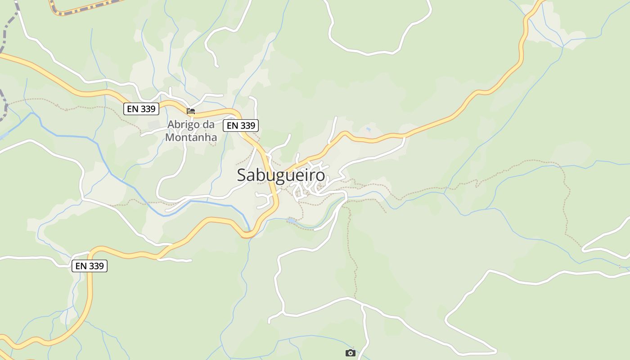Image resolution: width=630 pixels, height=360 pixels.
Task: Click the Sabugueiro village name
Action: click(281, 175)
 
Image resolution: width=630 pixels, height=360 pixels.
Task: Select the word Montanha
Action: click(191, 137)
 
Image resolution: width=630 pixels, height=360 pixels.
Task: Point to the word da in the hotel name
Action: click(208, 124)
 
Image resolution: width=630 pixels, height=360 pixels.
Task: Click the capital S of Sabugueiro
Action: click(242, 175)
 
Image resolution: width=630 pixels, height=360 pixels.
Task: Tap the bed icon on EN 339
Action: click(191, 111)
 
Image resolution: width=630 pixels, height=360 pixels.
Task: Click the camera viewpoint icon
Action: click(350, 353)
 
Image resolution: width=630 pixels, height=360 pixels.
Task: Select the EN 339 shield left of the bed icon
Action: click(141, 109)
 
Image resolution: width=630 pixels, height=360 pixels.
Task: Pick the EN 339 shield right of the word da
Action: click(241, 126)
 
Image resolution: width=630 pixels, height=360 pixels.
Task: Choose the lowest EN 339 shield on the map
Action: click(90, 266)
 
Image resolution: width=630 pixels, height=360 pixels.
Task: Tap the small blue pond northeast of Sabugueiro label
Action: click(369, 130)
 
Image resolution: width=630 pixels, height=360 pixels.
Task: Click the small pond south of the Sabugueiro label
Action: click(292, 220)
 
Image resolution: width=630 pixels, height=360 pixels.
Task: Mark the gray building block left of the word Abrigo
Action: click(153, 124)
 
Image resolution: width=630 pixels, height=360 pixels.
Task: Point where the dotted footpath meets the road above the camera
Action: click(355, 298)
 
